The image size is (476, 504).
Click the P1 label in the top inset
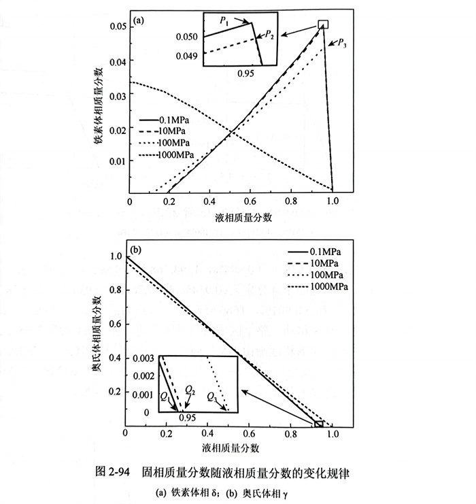[x=224, y=22]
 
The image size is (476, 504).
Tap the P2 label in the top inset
[x=269, y=33]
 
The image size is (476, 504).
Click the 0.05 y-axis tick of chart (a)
[x=117, y=26]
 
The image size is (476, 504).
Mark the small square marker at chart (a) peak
[x=323, y=24]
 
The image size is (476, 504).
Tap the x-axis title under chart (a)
[x=233, y=217]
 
